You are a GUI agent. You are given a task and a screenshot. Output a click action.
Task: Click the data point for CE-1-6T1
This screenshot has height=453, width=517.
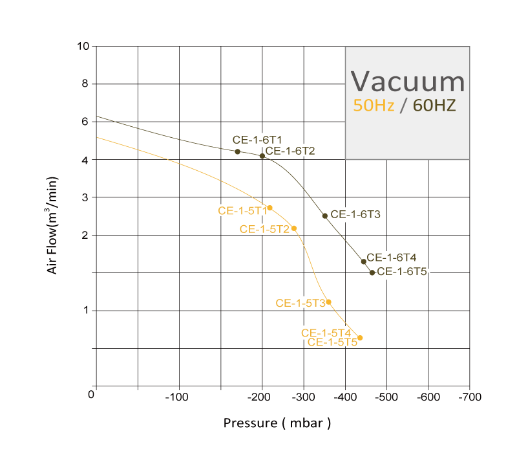238,151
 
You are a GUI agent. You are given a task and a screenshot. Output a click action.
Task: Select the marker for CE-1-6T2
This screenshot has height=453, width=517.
262,156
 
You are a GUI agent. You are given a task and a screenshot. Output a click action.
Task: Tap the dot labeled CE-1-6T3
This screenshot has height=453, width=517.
325,215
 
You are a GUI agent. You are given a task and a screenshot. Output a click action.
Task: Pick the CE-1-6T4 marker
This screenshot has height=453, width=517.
364,261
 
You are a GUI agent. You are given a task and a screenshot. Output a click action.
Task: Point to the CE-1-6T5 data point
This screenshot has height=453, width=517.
372,272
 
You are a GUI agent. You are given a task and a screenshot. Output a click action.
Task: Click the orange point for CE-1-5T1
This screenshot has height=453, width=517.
270,208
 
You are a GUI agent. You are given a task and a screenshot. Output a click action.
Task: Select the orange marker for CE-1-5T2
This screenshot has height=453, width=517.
294,228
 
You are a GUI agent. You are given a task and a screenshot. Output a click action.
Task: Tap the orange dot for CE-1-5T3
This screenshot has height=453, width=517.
328,302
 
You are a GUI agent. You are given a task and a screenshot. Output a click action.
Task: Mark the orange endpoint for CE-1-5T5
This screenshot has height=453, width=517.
360,338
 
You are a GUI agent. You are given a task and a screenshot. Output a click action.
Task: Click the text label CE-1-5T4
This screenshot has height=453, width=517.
326,333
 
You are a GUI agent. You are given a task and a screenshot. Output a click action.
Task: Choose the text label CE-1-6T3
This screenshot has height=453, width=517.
355,214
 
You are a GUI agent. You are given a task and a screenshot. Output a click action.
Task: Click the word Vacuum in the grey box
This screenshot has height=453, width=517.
408,82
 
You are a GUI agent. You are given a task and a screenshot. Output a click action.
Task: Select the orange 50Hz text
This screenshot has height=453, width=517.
374,106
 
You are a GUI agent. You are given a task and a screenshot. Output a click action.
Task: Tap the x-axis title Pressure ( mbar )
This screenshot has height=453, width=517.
277,423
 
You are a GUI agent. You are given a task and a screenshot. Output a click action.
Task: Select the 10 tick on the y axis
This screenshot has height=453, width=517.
82,47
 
